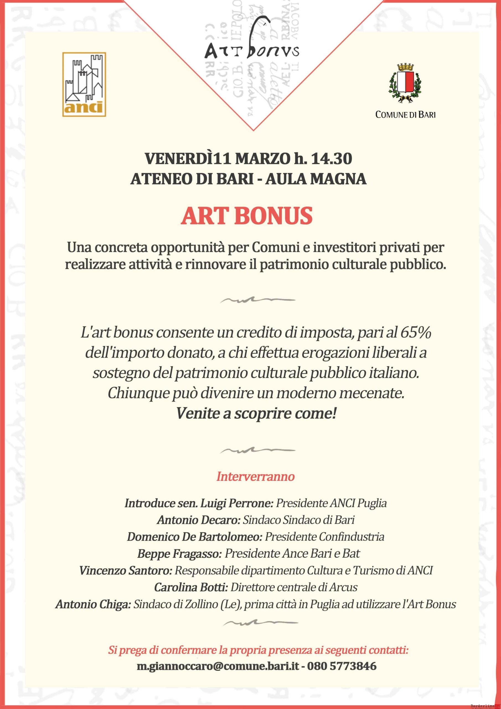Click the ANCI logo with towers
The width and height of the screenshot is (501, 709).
84,84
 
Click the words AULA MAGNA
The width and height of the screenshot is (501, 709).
316,179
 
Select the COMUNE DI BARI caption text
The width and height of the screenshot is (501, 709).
405,115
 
